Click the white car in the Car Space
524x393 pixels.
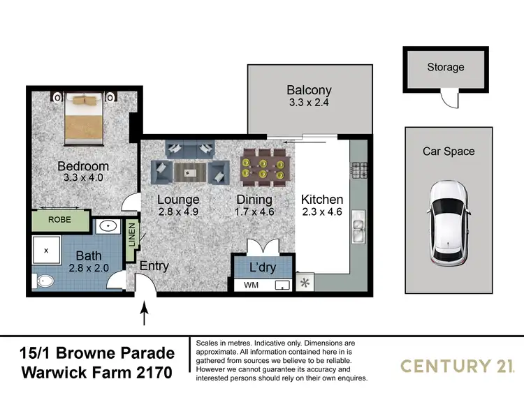pyautogui.click(x=448, y=222)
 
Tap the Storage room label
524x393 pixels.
pyautogui.click(x=446, y=67)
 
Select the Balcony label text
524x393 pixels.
pyautogui.click(x=309, y=90)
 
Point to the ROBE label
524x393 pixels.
pyautogui.click(x=59, y=219)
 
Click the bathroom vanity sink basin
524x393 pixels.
pyautogui.click(x=108, y=225)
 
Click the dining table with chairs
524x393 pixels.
pyautogui.click(x=263, y=167)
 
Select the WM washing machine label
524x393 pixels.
pyautogui.click(x=251, y=285)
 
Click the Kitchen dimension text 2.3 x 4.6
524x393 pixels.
pyautogui.click(x=321, y=212)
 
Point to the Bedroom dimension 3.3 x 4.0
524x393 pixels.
pyautogui.click(x=82, y=179)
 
